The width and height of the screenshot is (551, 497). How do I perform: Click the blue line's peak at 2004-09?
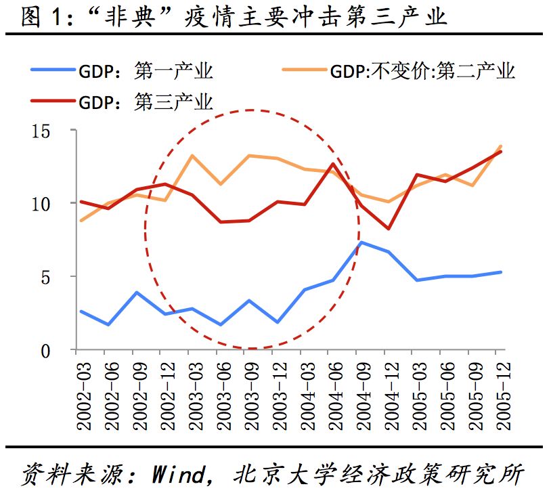click(361, 242)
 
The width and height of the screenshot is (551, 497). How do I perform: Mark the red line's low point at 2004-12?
click(389, 229)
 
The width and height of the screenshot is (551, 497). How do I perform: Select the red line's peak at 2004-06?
click(333, 163)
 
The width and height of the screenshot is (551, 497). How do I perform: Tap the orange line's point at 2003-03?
click(193, 156)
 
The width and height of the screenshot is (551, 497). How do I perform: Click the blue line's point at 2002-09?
click(137, 293)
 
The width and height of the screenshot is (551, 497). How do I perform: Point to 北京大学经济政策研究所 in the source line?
click(379, 472)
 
